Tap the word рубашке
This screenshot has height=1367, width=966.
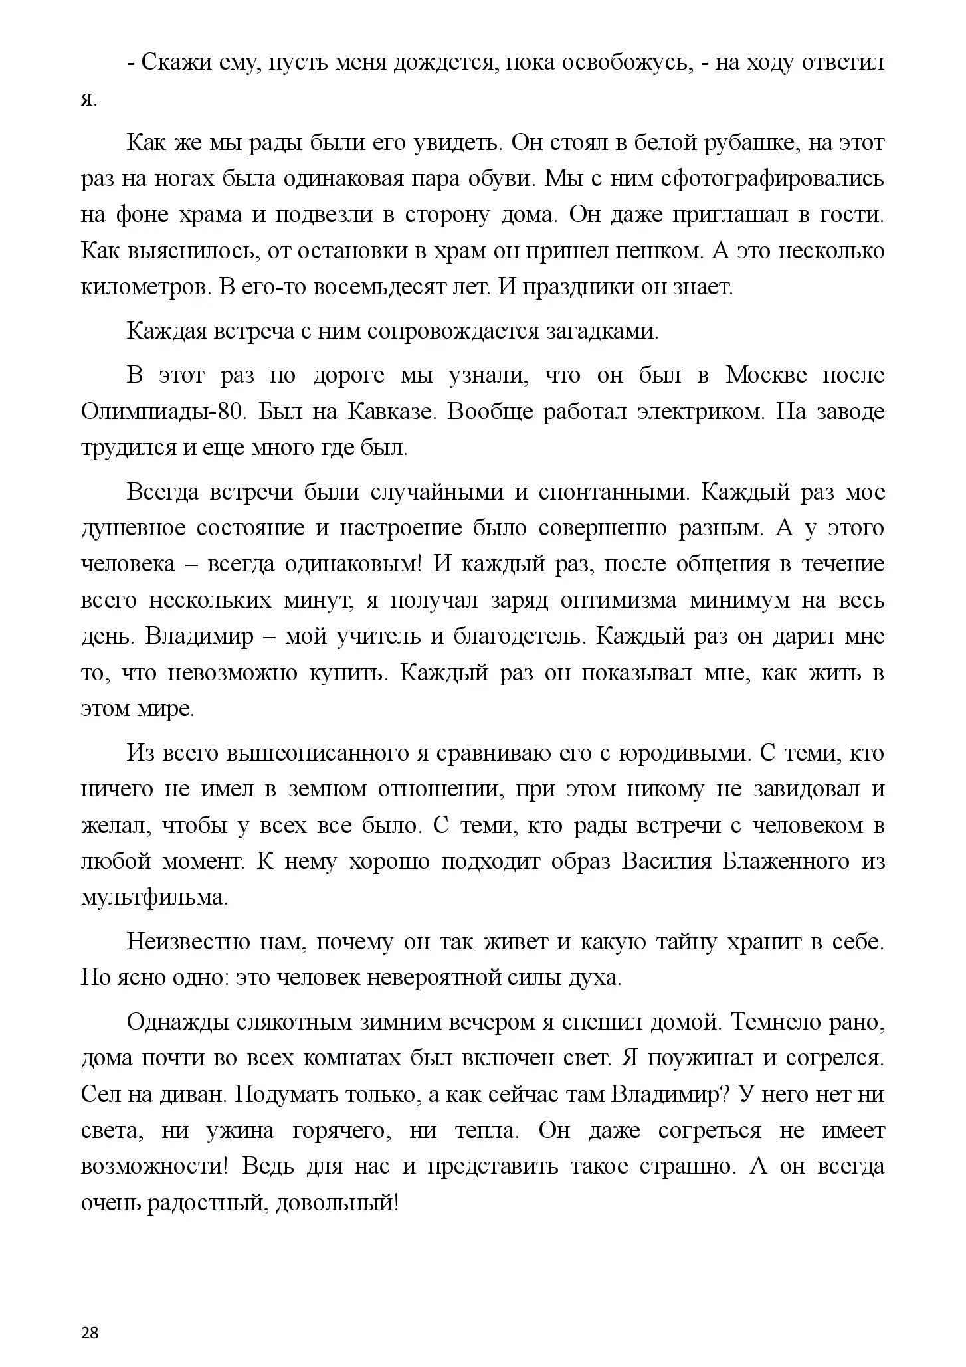743,143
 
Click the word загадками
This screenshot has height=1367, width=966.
602,332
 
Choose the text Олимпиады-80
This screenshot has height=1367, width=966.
163,412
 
